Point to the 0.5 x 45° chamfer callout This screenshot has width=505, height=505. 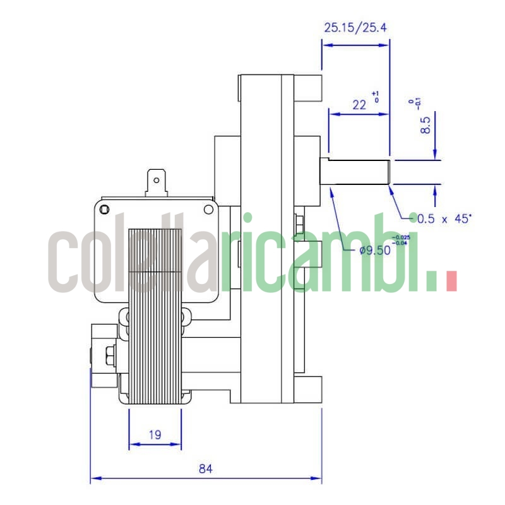(444, 219)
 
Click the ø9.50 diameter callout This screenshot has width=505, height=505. (374, 249)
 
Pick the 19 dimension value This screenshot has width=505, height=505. (155, 434)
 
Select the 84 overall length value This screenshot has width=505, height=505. (206, 468)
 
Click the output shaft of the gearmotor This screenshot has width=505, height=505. (357, 171)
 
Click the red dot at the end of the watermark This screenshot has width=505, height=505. (451, 281)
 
